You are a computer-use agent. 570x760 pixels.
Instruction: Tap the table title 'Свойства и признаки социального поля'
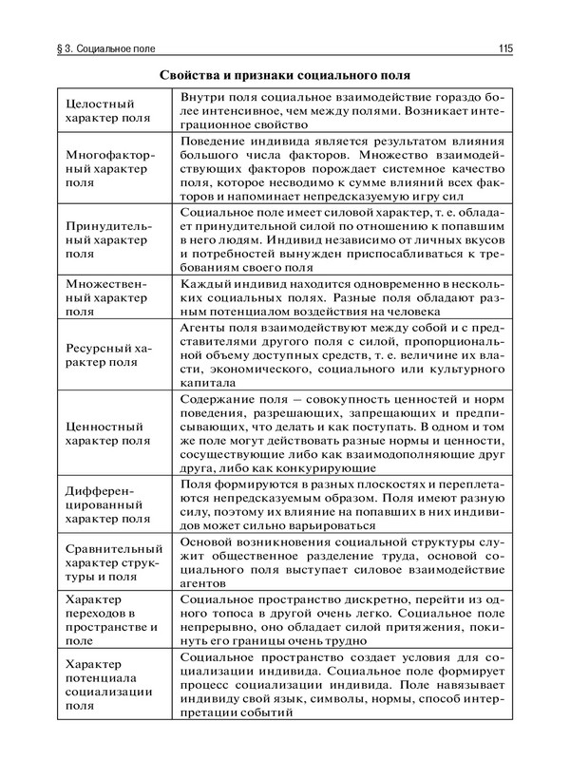coord(284,75)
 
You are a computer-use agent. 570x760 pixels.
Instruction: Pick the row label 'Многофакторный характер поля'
coord(105,167)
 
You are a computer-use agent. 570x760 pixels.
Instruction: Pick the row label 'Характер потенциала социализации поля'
coord(105,686)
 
